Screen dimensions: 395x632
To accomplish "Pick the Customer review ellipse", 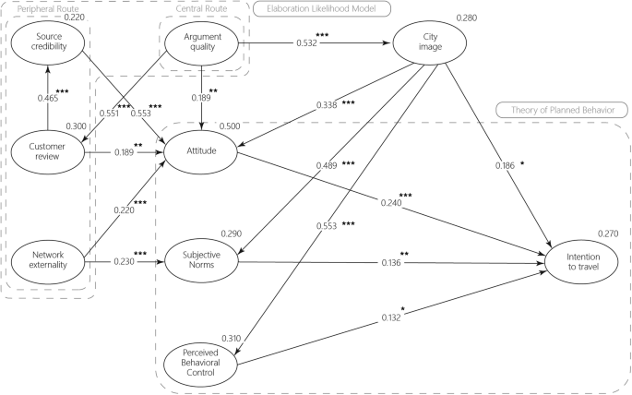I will point(47,150).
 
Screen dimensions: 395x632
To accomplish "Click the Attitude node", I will point(201,150).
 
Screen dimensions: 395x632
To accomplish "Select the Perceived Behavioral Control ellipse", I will point(201,364).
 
